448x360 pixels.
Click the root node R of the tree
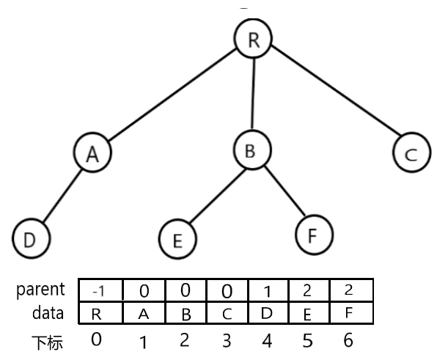(253, 39)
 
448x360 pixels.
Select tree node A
(92, 153)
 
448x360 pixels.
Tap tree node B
(252, 150)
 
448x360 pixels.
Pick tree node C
(412, 153)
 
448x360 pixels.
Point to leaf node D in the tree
(31, 238)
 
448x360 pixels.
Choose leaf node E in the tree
(177, 239)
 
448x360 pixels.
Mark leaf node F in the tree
(314, 235)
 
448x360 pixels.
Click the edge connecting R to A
(172, 95)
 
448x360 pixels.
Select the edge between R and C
(335, 90)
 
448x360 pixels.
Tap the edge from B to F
(284, 191)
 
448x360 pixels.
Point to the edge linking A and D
(62, 196)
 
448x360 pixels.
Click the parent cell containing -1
(100, 290)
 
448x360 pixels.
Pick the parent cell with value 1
(268, 290)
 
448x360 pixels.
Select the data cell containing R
(100, 312)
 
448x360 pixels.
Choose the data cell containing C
(227, 312)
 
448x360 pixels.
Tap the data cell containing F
(351, 312)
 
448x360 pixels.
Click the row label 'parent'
(40, 290)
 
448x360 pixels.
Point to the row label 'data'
(48, 313)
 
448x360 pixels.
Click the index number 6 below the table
(348, 340)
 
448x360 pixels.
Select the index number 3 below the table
(227, 341)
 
